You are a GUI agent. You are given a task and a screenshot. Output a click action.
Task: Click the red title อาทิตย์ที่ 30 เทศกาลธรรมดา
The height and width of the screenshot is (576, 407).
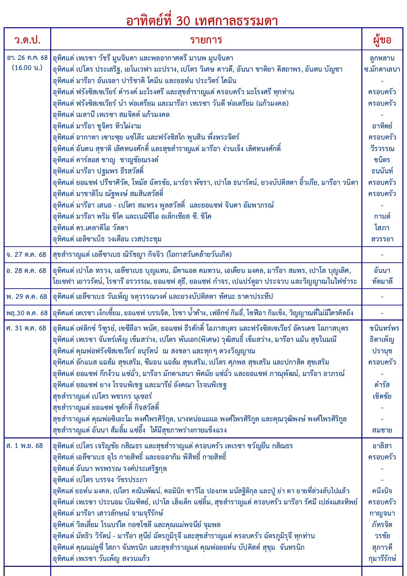[x=202, y=21]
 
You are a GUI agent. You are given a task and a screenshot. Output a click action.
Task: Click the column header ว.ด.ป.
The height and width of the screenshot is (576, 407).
[x=27, y=40]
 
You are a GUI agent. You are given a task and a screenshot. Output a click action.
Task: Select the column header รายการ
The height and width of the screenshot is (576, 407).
[x=206, y=40]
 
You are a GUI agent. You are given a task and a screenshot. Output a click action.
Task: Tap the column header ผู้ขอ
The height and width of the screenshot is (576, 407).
[x=382, y=40]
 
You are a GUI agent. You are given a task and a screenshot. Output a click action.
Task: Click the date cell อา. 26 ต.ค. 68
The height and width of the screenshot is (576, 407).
[x=27, y=58]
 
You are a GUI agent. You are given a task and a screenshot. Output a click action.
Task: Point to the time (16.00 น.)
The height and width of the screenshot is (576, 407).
[x=27, y=68]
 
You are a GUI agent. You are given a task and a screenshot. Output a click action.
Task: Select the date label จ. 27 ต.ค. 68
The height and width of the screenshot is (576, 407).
[x=26, y=255]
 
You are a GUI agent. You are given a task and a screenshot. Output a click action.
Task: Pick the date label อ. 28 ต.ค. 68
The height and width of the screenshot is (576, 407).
[x=26, y=271]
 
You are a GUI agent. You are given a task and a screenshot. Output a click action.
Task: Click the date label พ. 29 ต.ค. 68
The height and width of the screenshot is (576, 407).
[x=26, y=297]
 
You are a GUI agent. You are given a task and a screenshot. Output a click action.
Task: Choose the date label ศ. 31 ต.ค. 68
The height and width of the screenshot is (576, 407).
[x=26, y=328]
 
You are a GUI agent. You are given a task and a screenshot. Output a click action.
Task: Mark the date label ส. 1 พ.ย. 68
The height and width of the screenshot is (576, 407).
[x=25, y=446]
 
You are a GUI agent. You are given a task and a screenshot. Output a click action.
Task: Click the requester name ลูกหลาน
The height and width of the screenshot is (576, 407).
[x=382, y=58]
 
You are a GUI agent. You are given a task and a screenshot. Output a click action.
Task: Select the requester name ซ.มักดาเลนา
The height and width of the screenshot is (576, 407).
[x=382, y=69]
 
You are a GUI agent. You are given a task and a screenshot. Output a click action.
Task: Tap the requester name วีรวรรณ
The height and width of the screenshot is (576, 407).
[x=382, y=148]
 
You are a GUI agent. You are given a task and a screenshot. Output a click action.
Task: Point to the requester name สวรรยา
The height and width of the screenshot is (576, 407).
[x=382, y=239]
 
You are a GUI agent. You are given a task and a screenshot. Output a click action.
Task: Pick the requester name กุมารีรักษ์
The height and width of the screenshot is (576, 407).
[x=382, y=558]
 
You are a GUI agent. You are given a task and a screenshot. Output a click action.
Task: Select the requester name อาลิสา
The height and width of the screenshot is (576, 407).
[x=382, y=446]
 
